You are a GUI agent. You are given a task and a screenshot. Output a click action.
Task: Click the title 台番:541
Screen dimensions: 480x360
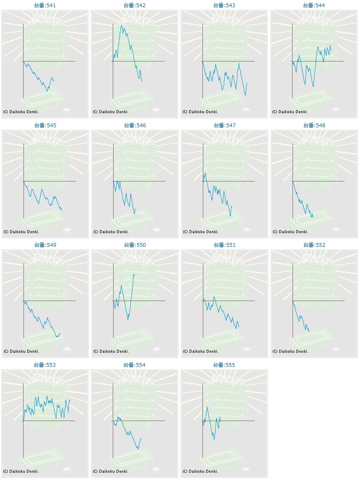pos(45,6)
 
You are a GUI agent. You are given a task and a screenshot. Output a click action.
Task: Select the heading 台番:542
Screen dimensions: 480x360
pos(135,6)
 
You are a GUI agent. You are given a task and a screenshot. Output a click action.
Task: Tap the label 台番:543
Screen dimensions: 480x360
pos(224,6)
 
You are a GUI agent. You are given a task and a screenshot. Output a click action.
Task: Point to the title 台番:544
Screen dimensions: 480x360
pos(314,6)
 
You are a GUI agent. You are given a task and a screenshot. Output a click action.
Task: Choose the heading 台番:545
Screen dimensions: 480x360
pos(45,126)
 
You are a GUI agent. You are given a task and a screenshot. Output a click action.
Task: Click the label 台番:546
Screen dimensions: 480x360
pos(135,126)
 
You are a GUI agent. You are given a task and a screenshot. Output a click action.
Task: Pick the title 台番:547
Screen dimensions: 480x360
pos(224,126)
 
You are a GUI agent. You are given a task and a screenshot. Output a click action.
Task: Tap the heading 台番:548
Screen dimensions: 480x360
pos(314,126)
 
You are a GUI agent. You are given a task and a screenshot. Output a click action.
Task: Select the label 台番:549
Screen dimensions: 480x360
pos(45,245)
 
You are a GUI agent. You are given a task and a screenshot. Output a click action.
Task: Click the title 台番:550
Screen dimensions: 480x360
pos(135,245)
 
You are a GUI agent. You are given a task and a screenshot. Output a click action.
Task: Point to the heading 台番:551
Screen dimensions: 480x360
pos(224,245)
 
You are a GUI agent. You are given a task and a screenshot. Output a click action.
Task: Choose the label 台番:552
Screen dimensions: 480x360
pos(314,245)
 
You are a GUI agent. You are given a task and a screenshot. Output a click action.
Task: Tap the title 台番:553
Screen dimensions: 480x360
pos(45,365)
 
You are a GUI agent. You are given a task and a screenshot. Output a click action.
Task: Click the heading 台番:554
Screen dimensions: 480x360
pos(135,365)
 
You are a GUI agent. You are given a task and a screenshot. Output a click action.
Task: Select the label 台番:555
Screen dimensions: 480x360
pos(224,365)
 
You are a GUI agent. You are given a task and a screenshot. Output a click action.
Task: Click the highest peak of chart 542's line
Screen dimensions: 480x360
pos(122,25)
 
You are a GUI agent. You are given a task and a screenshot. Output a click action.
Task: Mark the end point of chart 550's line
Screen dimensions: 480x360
pos(134,274)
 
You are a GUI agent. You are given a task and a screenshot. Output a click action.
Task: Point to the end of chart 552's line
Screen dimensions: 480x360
pos(309,331)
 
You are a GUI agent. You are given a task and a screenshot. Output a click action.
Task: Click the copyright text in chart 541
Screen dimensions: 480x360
pos(21,112)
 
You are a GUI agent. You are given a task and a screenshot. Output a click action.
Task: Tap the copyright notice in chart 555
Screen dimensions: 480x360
pos(200,471)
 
